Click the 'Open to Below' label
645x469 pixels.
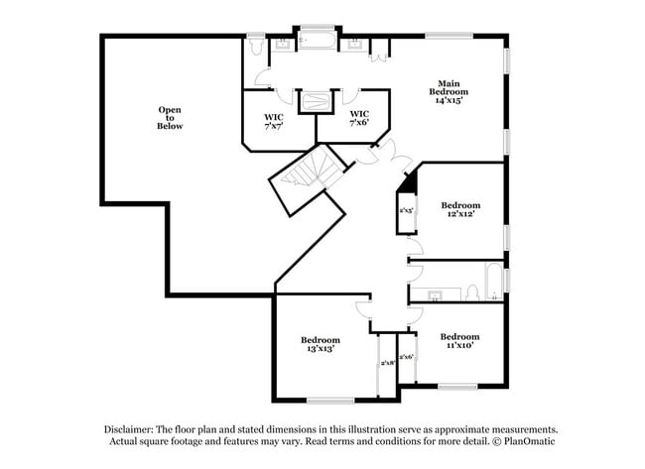[170, 118]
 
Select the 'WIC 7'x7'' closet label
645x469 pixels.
[274, 122]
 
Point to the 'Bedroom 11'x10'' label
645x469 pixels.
[459, 340]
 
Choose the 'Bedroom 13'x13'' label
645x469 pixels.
[320, 344]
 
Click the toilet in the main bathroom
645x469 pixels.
[254, 44]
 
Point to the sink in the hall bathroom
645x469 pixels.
[434, 295]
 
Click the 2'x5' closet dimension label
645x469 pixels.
[407, 210]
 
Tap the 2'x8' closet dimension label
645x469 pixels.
[388, 364]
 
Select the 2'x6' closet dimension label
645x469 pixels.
[406, 357]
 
